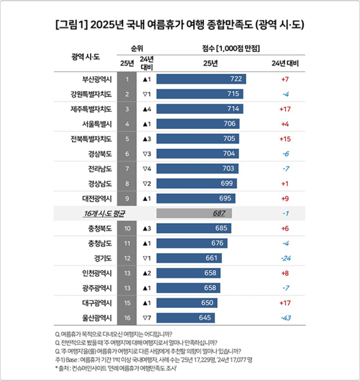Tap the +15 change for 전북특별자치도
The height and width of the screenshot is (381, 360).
pos(285,139)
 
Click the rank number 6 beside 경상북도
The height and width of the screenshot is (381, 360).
pos(127,154)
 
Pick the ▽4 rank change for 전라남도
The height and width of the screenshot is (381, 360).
pos(147,169)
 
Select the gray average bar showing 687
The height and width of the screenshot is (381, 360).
pos(194,213)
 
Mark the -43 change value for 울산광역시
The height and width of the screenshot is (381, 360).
pos(285,317)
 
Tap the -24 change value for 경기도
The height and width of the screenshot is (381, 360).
pos(285,258)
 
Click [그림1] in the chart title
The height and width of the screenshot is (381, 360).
pos(71,25)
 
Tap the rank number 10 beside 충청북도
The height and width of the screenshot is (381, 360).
pos(127,228)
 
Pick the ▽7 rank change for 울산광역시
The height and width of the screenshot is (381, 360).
pos(147,317)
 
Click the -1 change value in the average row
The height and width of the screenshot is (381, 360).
pos(285,213)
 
